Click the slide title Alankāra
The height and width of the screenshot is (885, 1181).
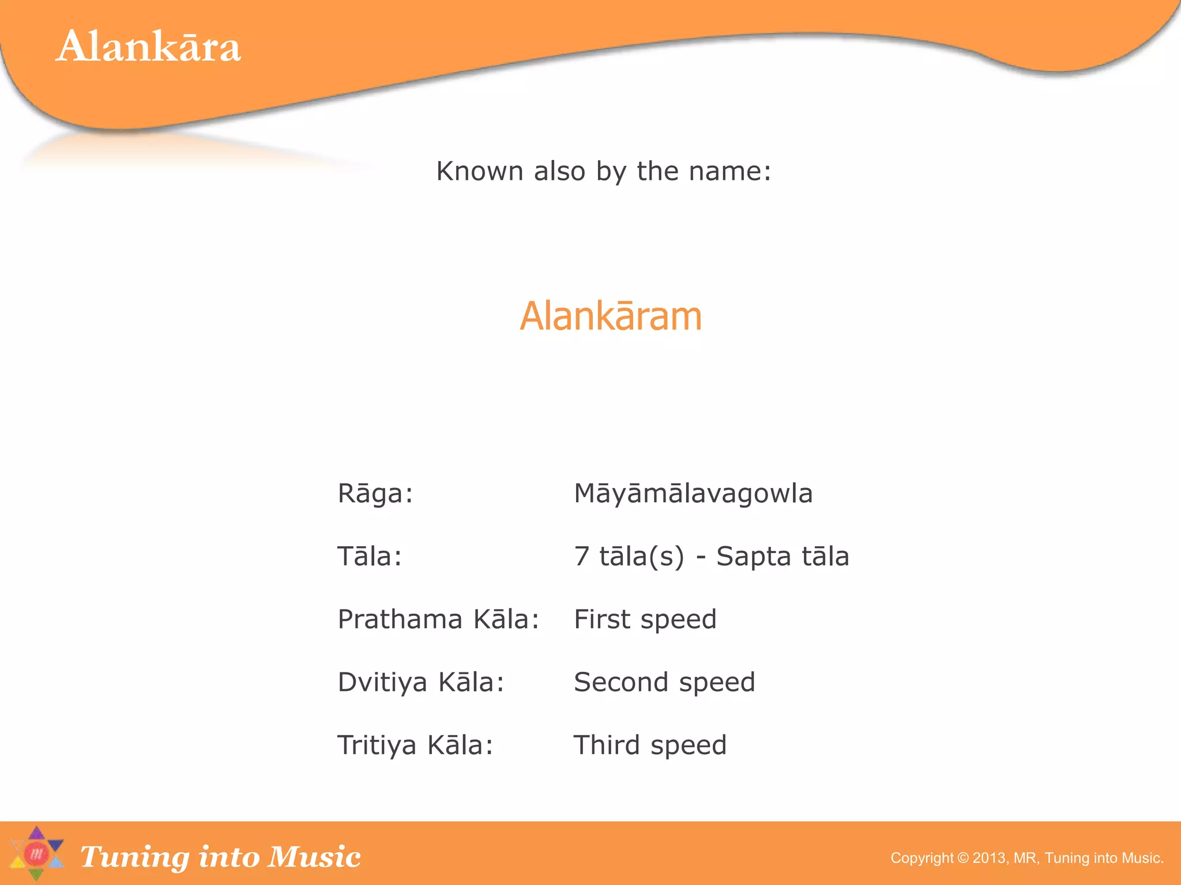[x=148, y=46]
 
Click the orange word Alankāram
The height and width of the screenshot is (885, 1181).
[x=611, y=316]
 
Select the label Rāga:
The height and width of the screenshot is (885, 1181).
[x=375, y=494]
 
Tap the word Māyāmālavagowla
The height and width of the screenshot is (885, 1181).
[x=693, y=494]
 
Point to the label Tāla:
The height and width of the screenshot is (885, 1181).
[x=370, y=557]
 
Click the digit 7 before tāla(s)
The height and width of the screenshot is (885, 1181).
[x=582, y=557]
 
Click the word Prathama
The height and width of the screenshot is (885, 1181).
[x=400, y=619]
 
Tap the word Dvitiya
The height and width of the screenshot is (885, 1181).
[x=382, y=682]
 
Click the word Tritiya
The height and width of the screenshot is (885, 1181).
[x=377, y=745]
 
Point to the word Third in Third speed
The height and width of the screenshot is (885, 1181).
[x=607, y=745]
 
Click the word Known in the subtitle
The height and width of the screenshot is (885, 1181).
[x=479, y=171]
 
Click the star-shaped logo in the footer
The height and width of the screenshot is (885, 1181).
[x=36, y=853]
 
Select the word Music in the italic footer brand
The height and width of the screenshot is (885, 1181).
[x=315, y=856]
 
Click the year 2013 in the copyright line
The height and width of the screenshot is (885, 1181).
[x=989, y=858]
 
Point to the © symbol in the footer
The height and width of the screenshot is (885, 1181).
[x=963, y=858]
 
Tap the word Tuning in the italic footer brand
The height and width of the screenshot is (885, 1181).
[x=134, y=857]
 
